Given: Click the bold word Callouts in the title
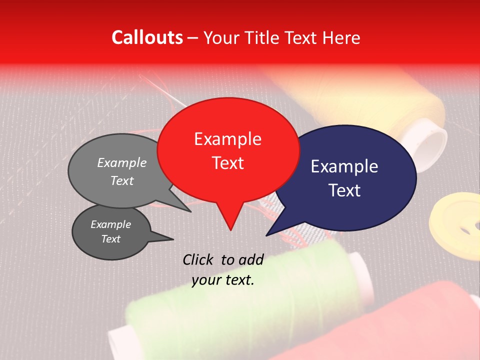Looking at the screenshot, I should tap(147, 37).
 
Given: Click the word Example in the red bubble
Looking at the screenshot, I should tap(228, 139).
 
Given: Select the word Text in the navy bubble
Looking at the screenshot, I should tap(345, 190).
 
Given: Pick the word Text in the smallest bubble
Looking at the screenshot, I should tap(110, 239).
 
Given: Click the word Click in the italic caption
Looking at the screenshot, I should tap(198, 259).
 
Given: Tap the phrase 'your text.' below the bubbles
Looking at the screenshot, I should tap(223, 280).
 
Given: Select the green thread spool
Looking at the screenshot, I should tap(240, 300).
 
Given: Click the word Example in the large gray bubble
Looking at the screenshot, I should tap(121, 162).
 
